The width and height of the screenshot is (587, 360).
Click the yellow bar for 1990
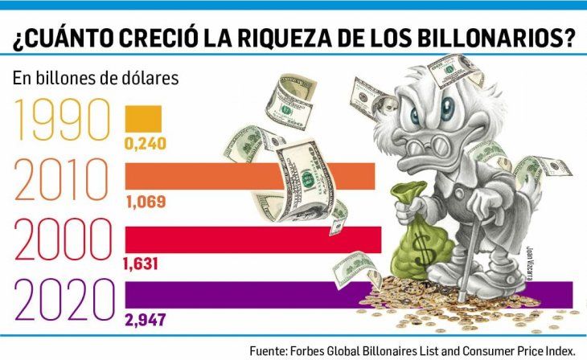tap(143, 119)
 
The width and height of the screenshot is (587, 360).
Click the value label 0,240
tap(145, 144)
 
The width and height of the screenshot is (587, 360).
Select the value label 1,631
tap(143, 263)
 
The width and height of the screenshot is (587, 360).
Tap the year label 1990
tap(62, 121)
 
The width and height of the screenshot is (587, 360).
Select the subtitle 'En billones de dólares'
tap(95, 79)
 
